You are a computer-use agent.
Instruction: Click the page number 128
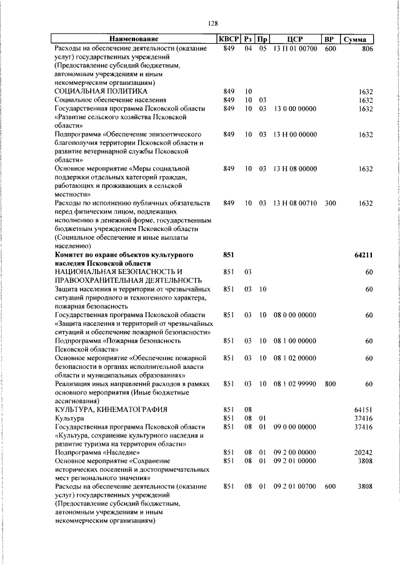point(212,23)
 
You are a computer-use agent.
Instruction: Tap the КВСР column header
point(229,39)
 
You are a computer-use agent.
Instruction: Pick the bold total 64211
point(362,255)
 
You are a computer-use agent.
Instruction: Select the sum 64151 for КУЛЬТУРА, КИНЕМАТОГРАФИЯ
point(362,409)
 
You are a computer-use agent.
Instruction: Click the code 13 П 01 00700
point(295,48)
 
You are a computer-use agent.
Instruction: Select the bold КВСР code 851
point(229,255)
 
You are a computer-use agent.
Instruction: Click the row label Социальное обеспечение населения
point(110,100)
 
